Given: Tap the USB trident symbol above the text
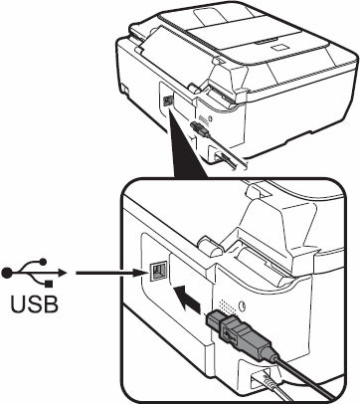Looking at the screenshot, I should tap(36, 272).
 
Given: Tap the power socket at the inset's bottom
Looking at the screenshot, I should tap(267, 381).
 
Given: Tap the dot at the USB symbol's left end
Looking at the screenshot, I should tap(9, 272).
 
